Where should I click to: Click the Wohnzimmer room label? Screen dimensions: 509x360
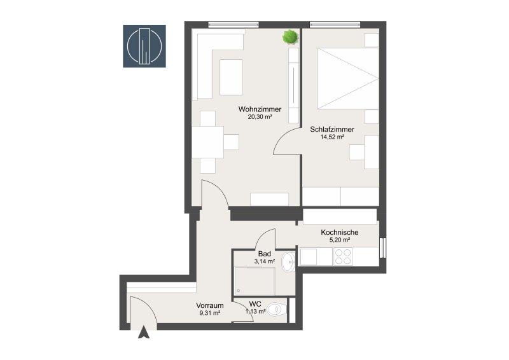point(260,109)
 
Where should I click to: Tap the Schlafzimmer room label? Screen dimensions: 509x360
point(332,129)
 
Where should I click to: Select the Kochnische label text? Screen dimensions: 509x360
point(340,232)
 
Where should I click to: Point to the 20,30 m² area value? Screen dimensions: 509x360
point(260,117)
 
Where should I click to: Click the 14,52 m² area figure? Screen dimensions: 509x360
point(332,137)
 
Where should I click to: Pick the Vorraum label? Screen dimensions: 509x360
point(210,305)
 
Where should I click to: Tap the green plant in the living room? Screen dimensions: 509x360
point(290,37)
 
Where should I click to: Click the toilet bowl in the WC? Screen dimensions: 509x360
point(279,309)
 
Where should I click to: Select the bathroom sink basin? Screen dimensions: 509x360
point(288,261)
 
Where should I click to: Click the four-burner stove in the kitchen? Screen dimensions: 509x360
point(343,257)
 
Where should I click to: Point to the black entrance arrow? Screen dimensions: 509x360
point(144,333)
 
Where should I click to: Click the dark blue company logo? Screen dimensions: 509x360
point(144,46)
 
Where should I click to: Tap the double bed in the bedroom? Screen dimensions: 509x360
point(348,78)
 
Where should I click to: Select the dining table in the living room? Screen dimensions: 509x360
point(208,142)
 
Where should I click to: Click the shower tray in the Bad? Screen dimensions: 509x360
point(254,281)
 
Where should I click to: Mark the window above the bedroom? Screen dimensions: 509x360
point(335,24)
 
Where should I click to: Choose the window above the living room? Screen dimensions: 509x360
point(234,24)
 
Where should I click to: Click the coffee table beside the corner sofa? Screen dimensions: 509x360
point(231,77)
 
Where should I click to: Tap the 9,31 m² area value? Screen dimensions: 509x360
point(210,314)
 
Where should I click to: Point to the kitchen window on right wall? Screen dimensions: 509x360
point(382,247)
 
